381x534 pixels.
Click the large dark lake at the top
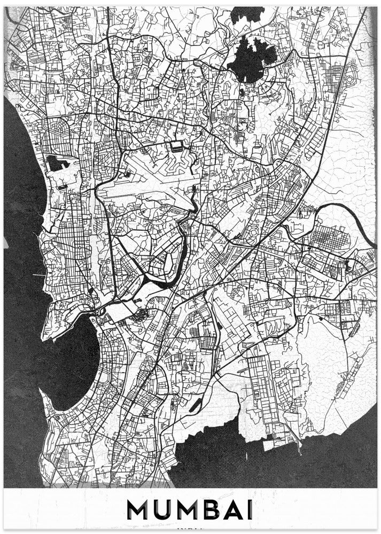pos(251,56)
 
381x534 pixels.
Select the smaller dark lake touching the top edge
pos(247,14)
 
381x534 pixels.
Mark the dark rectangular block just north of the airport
pos(176,145)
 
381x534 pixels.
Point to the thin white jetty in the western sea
pos(37,275)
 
